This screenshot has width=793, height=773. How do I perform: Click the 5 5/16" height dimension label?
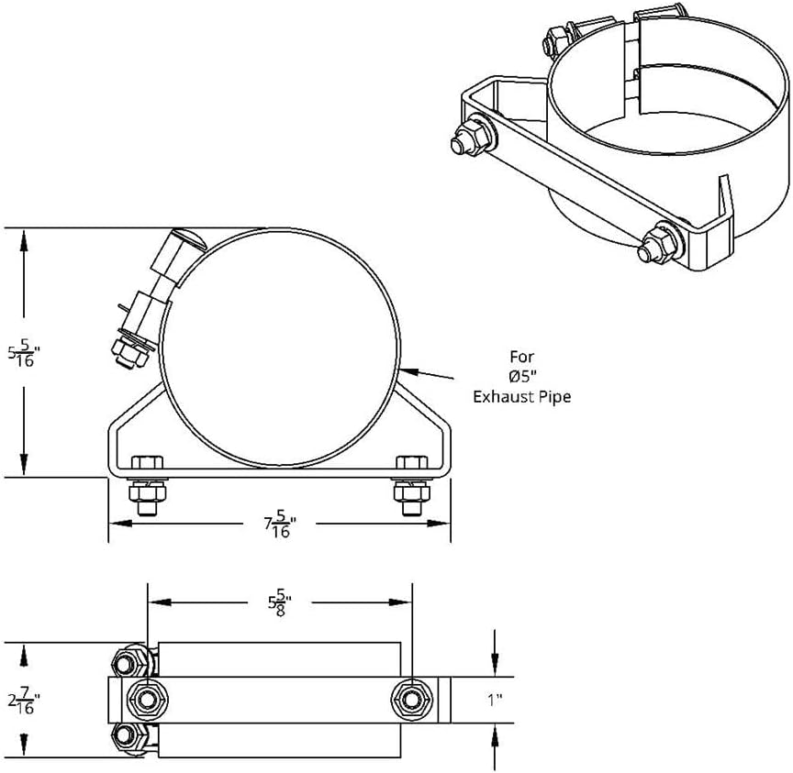pos(24,353)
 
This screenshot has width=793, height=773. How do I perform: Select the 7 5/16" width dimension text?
pos(281,525)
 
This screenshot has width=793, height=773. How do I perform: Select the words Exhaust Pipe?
pos(521,396)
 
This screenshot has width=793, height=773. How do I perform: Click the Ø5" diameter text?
pos(521,376)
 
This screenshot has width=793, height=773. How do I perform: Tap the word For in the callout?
pos(521,356)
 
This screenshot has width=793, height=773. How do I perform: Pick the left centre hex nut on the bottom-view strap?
pos(146,701)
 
